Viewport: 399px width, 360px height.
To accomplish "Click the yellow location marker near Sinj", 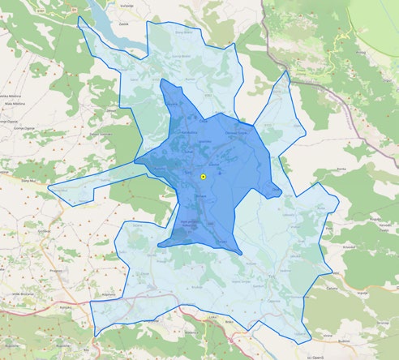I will click(203, 176).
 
